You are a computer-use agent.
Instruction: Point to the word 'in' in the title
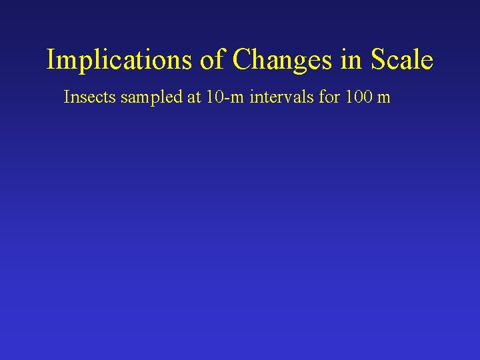click(351, 60)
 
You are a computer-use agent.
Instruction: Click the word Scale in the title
click(402, 60)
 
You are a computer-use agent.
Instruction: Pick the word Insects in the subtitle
click(89, 97)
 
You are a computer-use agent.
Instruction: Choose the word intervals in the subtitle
click(281, 97)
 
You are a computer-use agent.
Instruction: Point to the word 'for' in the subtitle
click(327, 97)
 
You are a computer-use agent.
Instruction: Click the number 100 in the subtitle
click(357, 97)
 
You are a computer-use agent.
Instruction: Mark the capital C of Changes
click(241, 60)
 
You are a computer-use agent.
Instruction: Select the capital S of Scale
click(377, 60)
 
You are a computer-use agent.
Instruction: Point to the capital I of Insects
click(66, 97)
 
